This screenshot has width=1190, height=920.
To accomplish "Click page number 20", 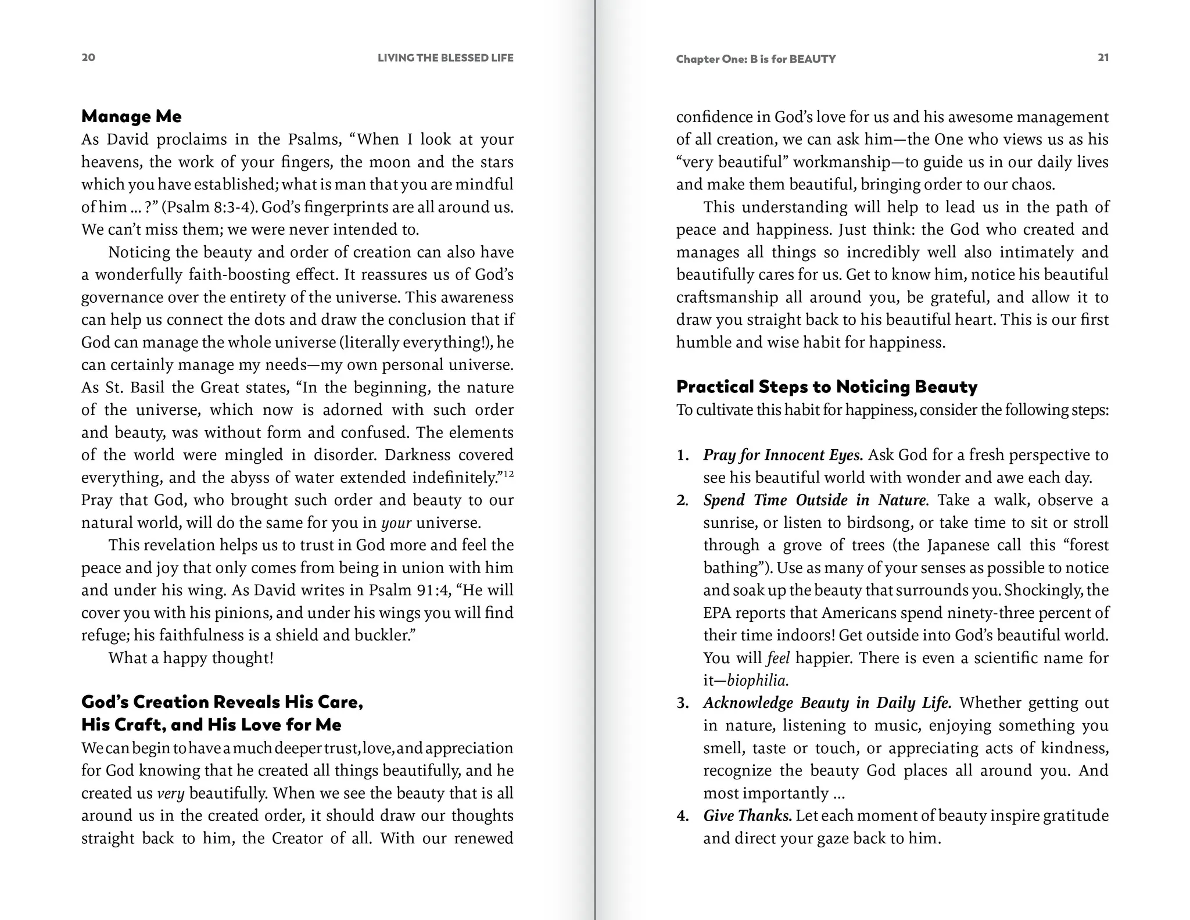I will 88,57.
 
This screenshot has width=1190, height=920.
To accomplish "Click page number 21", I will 1103,57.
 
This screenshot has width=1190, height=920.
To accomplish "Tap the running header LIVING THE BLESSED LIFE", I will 445,58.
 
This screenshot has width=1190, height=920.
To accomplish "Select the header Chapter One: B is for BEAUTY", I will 755,59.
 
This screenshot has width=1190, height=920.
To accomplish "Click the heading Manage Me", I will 131,116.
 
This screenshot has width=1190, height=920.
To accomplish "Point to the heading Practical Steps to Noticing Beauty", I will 827,386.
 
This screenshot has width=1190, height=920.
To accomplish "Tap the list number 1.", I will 682,455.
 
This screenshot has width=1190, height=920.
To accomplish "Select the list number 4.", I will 682,816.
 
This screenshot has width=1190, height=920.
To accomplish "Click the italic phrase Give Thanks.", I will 747,816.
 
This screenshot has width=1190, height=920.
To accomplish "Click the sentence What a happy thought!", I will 191,658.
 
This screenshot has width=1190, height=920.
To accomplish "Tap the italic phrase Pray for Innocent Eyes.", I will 783,455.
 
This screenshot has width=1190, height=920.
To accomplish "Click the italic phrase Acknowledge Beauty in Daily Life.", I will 827,703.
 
